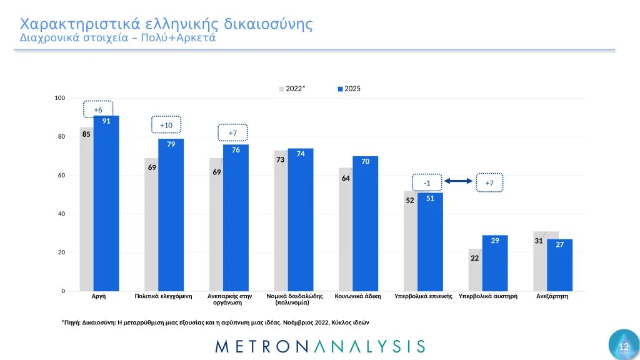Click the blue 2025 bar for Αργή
(106, 206)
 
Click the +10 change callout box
(166, 125)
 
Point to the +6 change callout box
(98, 110)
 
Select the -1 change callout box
(427, 182)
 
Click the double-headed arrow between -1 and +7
(459, 182)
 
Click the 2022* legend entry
(292, 89)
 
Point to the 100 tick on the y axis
(60, 98)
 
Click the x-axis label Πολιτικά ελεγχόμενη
(163, 296)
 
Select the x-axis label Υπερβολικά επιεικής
(423, 296)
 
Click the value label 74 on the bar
(301, 154)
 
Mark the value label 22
(475, 257)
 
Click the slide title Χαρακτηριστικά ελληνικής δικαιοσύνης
(166, 24)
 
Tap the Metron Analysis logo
(319, 346)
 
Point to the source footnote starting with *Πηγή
(216, 322)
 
